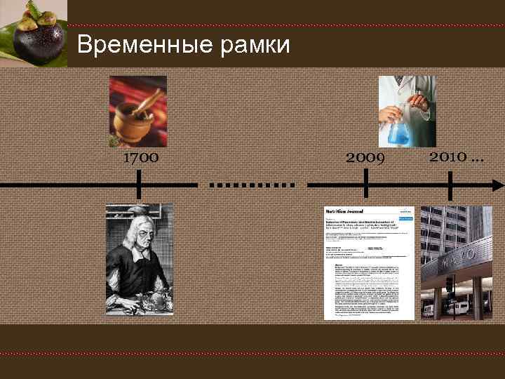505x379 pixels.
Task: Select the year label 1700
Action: [x=140, y=158]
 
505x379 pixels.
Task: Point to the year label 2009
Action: [x=366, y=158]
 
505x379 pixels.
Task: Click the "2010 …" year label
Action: [x=456, y=155]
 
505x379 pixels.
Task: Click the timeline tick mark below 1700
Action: [x=140, y=185]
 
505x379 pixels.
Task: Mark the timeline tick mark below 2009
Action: [x=366, y=185]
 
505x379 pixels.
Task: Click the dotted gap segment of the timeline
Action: [x=252, y=185]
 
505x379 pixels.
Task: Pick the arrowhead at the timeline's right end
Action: [x=497, y=185]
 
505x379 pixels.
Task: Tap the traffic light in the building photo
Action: [x=448, y=284]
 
